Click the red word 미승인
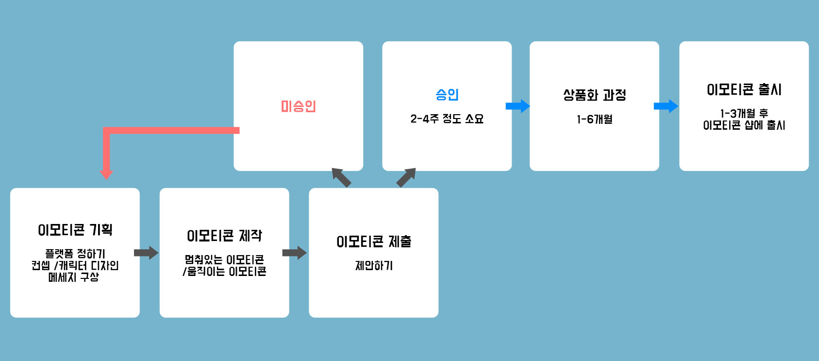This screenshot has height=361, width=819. coord(298,106)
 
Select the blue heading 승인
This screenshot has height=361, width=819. coord(447,94)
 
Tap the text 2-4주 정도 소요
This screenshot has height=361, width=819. coord(447,119)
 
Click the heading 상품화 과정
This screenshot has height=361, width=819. coord(594,95)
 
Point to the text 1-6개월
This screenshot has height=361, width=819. coord(594,119)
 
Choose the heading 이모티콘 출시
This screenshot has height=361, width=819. coord(744,90)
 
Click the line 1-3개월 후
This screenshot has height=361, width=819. coord(744,113)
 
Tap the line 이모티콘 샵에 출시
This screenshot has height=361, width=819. coord(744,125)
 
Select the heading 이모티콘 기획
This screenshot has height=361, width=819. coord(75,230)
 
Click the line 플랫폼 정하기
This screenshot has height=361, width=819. coord(75,254)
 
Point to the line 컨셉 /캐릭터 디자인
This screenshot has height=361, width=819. coord(75,265)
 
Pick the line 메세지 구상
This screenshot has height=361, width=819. coord(74,277)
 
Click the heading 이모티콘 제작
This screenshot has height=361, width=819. coord(224,236)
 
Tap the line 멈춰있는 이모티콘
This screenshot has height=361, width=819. coord(224,259)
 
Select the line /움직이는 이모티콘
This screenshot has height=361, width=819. coord(224,271)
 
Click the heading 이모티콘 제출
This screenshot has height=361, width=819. coord(374,241)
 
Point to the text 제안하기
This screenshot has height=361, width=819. coord(374,265)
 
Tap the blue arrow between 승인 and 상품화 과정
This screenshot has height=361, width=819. coord(518,106)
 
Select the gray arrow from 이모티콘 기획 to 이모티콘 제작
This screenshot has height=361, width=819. coord(146,253)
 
